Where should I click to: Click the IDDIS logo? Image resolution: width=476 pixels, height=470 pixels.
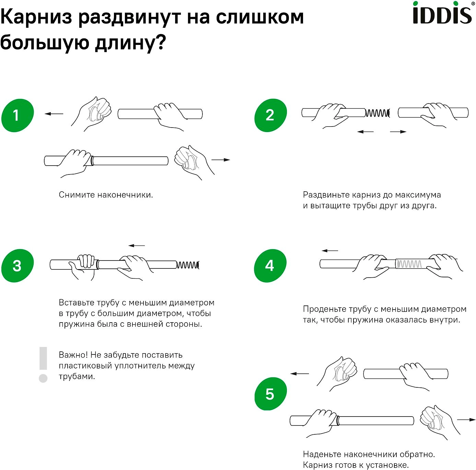pyautogui.click(x=443, y=13)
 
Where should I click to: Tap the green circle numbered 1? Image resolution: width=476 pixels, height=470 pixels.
pyautogui.click(x=18, y=115)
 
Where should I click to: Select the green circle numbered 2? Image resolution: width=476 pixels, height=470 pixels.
pyautogui.click(x=270, y=115)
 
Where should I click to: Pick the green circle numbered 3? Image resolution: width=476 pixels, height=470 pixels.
pyautogui.click(x=18, y=266)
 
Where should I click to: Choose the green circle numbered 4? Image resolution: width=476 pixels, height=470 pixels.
pyautogui.click(x=270, y=266)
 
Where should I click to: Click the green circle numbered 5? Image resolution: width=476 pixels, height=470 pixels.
pyautogui.click(x=270, y=394)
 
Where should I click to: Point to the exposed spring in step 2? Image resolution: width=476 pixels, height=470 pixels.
pyautogui.click(x=378, y=113)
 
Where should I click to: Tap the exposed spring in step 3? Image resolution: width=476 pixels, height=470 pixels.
pyautogui.click(x=188, y=265)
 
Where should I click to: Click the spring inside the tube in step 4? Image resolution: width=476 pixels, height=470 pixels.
pyautogui.click(x=409, y=264)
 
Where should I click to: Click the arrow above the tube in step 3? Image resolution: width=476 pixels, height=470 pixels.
pyautogui.click(x=137, y=245)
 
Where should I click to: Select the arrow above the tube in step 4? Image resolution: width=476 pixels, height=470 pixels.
pyautogui.click(x=329, y=251)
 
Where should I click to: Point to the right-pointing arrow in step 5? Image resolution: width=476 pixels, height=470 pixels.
pyautogui.click(x=466, y=420)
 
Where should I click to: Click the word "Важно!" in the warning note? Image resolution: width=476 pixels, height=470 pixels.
pyautogui.click(x=73, y=355)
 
